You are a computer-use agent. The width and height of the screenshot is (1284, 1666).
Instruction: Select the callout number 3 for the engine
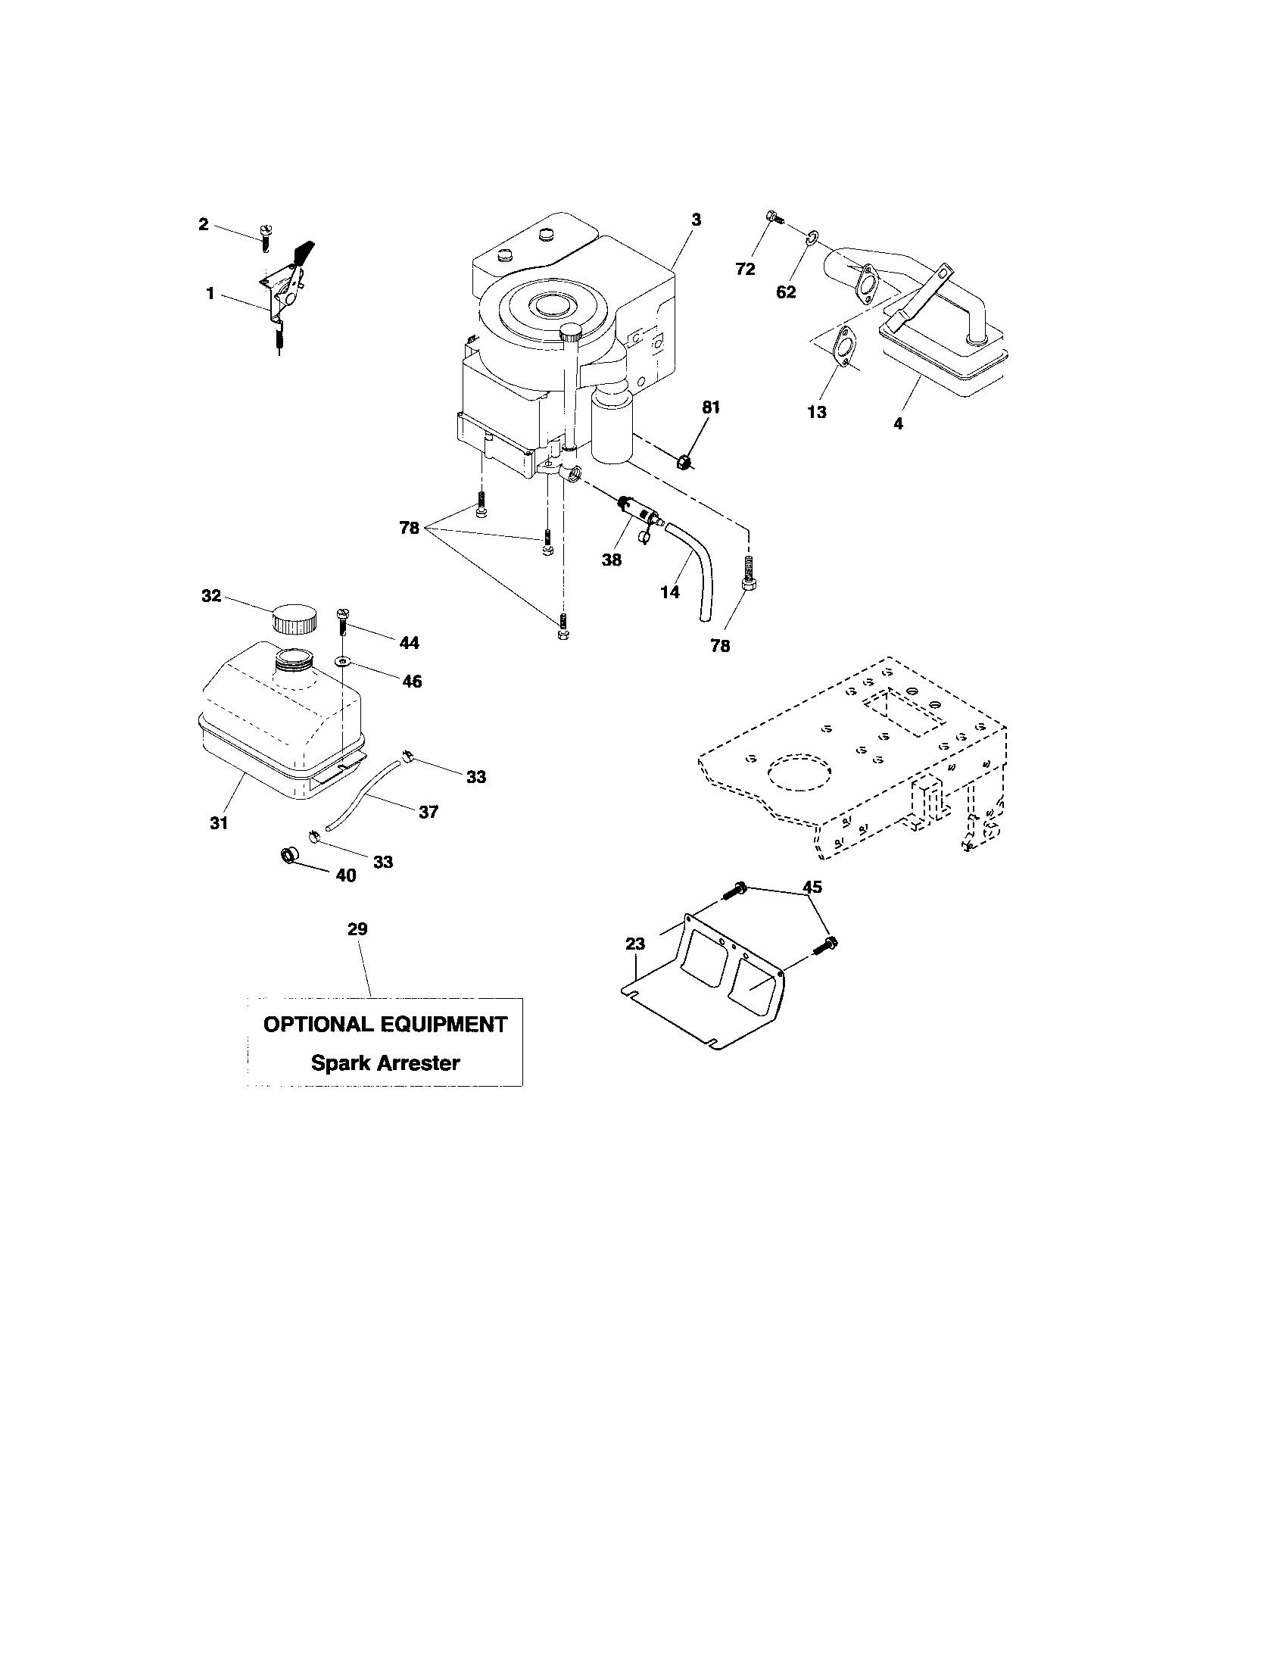pos(695,220)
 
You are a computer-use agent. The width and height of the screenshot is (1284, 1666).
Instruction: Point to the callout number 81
pos(711,407)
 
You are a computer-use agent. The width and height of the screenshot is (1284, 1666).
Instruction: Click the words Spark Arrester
pos(385,1062)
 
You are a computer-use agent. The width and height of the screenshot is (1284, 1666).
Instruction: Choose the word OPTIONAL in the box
pos(313,1025)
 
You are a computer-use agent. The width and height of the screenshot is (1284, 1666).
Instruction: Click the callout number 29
pos(357,929)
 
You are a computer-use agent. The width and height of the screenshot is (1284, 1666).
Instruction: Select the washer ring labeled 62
pos(812,239)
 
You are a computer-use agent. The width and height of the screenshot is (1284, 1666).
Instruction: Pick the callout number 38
pos(611,559)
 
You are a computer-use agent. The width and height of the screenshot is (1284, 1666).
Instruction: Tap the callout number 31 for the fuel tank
pos(220,823)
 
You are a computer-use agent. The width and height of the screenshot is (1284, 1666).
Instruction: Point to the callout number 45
pos(812,888)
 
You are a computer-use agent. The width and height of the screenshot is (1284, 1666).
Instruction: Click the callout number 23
pos(635,944)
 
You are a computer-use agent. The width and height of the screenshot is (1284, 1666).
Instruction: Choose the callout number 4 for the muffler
pos(898,424)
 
